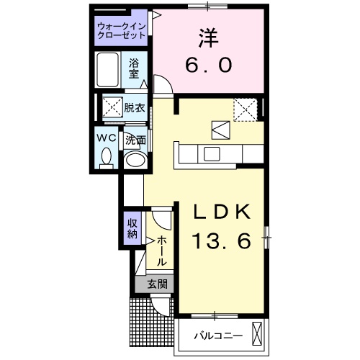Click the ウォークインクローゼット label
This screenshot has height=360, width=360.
click(x=122, y=32)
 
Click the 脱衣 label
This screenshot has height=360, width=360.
click(x=134, y=108)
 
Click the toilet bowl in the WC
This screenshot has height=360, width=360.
click(x=107, y=156)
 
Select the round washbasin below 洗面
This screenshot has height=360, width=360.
click(x=134, y=159)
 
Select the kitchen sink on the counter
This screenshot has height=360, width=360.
click(x=213, y=153)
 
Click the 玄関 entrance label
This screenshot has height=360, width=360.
click(x=158, y=284)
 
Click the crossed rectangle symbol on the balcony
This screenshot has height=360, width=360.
click(x=258, y=334)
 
